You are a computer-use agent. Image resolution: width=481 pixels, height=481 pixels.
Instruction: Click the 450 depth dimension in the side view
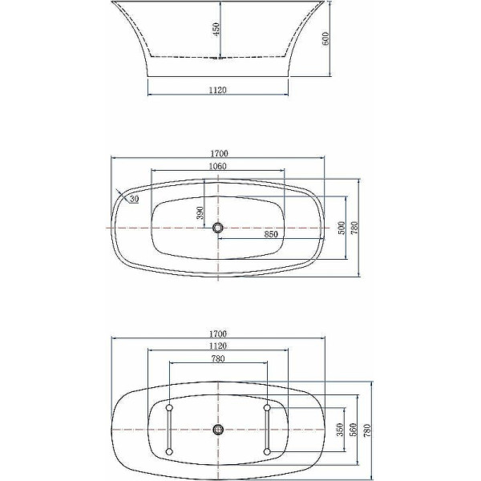pyautogui.click(x=216, y=30)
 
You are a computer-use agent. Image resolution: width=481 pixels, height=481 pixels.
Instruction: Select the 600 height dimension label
pyautogui.click(x=325, y=38)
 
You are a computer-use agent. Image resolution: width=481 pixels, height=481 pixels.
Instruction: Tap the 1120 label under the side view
pyautogui.click(x=218, y=90)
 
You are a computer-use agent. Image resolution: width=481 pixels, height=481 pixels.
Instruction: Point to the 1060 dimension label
pyautogui.click(x=217, y=166)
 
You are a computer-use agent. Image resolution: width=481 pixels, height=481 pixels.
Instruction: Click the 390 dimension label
pyautogui.click(x=200, y=213)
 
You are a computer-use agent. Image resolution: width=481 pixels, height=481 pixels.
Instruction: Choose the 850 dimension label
pyautogui.click(x=271, y=234)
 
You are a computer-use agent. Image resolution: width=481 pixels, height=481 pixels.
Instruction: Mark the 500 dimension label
pyautogui.click(x=342, y=228)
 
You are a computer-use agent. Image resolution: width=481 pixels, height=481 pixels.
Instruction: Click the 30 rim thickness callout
pyautogui.click(x=135, y=199)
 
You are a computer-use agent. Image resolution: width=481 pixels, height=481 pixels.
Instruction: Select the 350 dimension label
pyautogui.click(x=340, y=430)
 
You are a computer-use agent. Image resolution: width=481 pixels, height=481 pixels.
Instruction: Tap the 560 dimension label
pyautogui.click(x=353, y=430)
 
